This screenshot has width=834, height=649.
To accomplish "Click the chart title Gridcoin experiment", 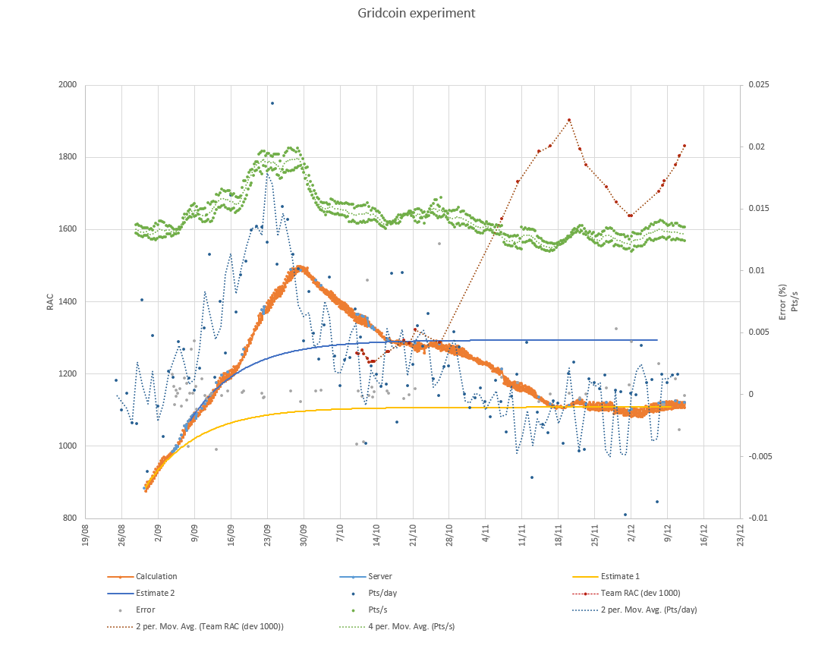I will click(x=417, y=14).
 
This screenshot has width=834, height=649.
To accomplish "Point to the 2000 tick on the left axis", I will click(x=68, y=85).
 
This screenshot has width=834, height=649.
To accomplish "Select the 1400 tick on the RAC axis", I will click(x=68, y=302).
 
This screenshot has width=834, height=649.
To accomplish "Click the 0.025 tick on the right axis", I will click(x=758, y=85).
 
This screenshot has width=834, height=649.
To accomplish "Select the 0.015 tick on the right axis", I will click(x=758, y=209).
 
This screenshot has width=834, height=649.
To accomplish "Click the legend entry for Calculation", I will click(x=156, y=577).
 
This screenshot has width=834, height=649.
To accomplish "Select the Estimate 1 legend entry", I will click(x=620, y=577).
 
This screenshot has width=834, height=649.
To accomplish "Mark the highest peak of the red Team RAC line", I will click(x=568, y=120).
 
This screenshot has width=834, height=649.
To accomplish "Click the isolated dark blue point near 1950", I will click(x=272, y=103).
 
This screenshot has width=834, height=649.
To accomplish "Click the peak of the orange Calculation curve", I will click(x=298, y=268).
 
